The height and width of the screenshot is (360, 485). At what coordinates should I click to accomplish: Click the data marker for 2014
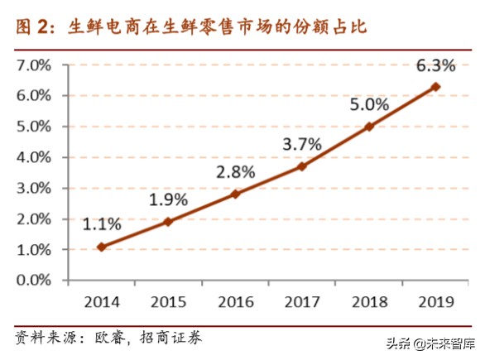pyautogui.click(x=101, y=247)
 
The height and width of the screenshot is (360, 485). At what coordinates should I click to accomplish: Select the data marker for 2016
pyautogui.click(x=235, y=194)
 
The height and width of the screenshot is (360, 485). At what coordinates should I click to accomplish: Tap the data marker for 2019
pyautogui.click(x=436, y=86)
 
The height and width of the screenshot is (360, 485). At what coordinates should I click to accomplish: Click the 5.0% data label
pyautogui.click(x=367, y=104)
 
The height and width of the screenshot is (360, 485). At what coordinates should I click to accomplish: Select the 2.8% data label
pyautogui.click(x=234, y=171)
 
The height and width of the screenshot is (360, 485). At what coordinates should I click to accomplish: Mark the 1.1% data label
pyautogui.click(x=102, y=223)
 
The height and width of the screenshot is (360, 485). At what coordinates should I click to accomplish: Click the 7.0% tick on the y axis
pyautogui.click(x=34, y=65)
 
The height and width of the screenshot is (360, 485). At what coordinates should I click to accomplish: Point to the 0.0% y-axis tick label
pyautogui.click(x=34, y=281)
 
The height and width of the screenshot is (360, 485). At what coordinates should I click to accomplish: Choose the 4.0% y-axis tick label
pyautogui.click(x=34, y=157)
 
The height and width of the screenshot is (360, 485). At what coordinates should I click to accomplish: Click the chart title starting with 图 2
pyautogui.click(x=190, y=26)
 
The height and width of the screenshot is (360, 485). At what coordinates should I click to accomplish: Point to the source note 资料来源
pyautogui.click(x=108, y=338)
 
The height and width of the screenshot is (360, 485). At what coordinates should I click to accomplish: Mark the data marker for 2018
pyautogui.click(x=369, y=127)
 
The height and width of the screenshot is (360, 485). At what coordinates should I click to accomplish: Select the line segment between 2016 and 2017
pyautogui.click(x=269, y=180)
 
